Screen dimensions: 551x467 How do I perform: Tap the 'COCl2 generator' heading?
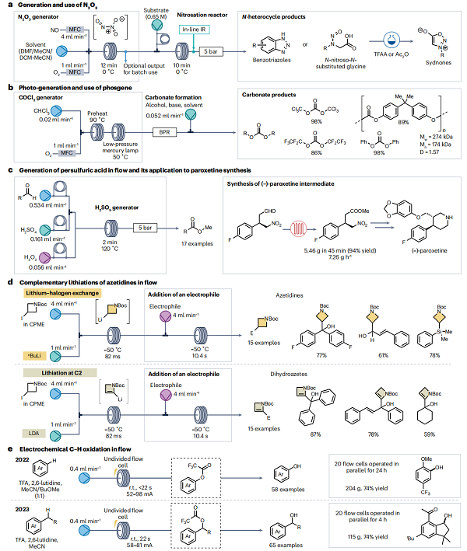pyautogui.click(x=47, y=97)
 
